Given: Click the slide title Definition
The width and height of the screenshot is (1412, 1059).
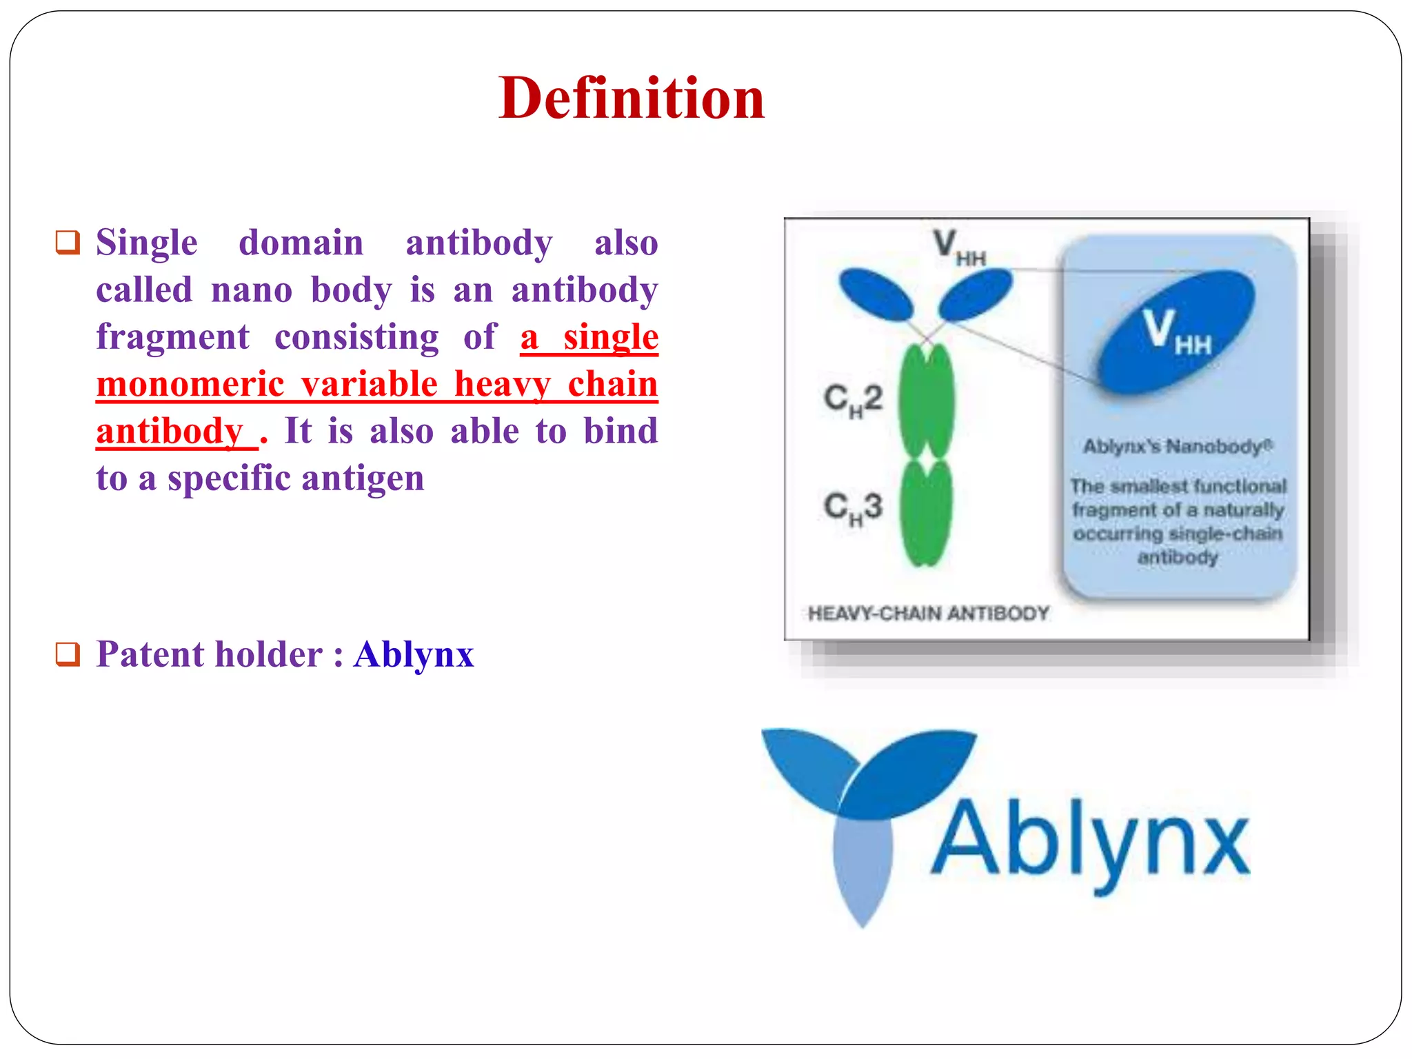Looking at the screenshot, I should pyautogui.click(x=631, y=98).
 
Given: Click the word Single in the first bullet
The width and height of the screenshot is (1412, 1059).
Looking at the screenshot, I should pyautogui.click(x=146, y=243).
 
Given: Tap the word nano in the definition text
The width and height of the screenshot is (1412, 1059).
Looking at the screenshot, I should pyautogui.click(x=252, y=290).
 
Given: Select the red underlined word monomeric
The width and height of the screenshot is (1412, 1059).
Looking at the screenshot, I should pyautogui.click(x=190, y=384).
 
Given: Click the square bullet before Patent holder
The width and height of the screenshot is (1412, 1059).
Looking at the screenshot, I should pyautogui.click(x=68, y=654).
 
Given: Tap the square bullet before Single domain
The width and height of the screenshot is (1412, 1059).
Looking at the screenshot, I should pyautogui.click(x=68, y=242).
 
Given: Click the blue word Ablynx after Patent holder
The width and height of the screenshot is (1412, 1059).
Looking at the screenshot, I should pyautogui.click(x=414, y=654).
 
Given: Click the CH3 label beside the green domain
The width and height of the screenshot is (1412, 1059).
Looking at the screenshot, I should pyautogui.click(x=852, y=508).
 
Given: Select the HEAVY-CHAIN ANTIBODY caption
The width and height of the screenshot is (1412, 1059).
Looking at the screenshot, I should pyautogui.click(x=928, y=613).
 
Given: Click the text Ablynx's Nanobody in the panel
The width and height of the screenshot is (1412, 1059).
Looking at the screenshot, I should pyautogui.click(x=1177, y=447).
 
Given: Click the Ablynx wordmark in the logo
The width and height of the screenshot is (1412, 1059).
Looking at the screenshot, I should pyautogui.click(x=1089, y=843).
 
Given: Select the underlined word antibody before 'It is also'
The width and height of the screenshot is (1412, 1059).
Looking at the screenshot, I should pyautogui.click(x=170, y=432).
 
